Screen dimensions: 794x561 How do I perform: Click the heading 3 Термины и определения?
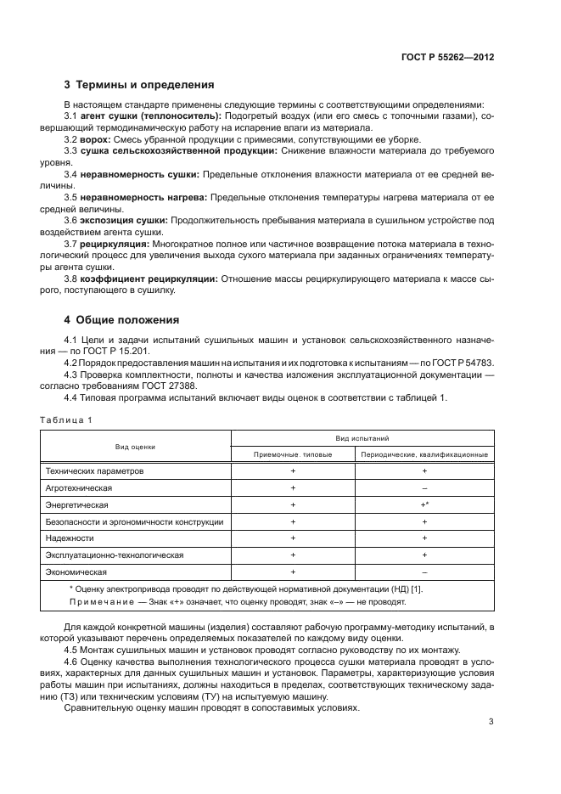[138, 85]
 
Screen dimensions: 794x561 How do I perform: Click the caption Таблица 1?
[65, 420]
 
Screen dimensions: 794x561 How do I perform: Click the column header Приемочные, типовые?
[293, 454]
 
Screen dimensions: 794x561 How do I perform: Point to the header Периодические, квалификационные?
[424, 454]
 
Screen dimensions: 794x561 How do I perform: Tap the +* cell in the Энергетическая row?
[424, 504]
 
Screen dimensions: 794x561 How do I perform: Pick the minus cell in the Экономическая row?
[424, 572]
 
